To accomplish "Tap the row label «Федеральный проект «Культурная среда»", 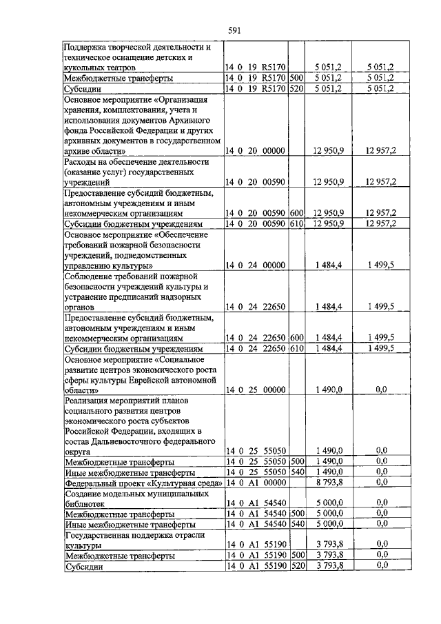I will (x=143, y=483).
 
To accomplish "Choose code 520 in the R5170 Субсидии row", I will (x=297, y=89).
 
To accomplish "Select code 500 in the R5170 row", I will (x=297, y=79).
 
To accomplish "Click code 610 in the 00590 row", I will (x=297, y=225).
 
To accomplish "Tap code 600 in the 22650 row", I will (x=297, y=338).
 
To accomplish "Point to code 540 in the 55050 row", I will (x=297, y=472).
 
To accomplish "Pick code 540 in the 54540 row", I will (x=297, y=524).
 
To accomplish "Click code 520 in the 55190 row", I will (x=297, y=565).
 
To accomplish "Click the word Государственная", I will (x=101, y=534).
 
